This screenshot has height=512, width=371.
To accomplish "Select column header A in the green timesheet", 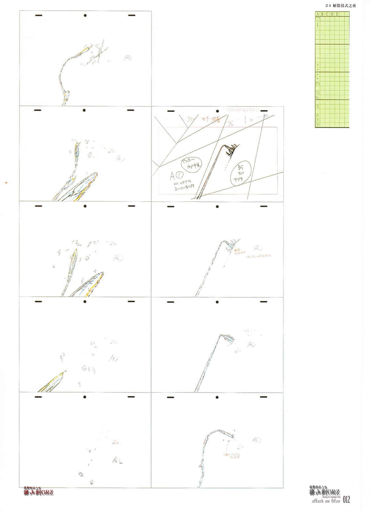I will point(317,14).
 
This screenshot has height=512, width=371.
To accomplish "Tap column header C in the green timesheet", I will point(327,14).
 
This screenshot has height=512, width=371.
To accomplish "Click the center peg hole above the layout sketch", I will point(218,111).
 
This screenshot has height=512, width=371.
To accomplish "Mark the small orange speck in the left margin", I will point(6,183).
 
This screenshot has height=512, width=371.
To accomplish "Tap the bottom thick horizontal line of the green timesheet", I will point(332,127).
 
